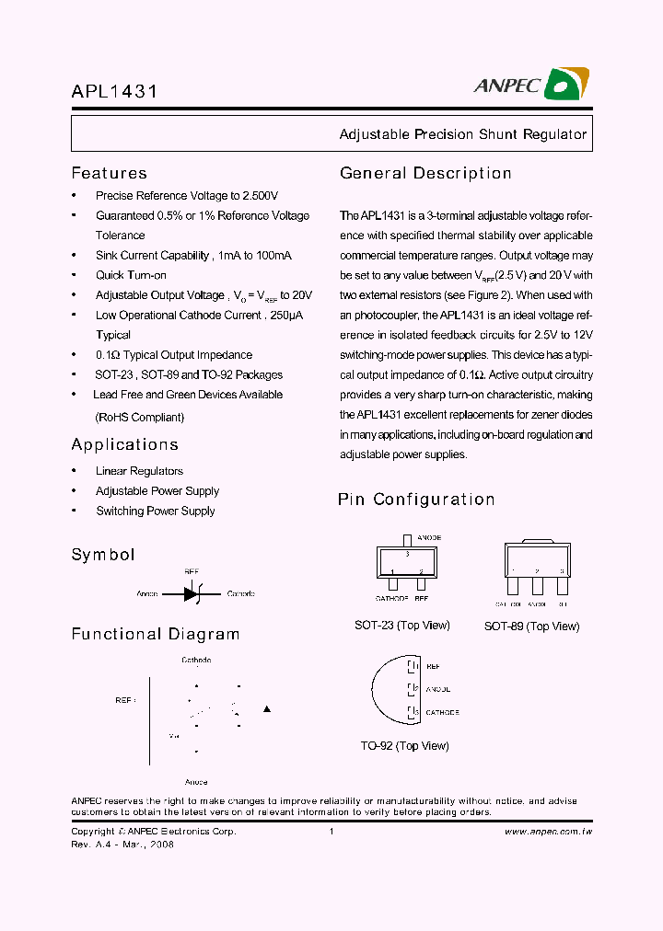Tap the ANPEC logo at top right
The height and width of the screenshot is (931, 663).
(x=531, y=85)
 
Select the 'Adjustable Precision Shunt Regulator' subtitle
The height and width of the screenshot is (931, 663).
(x=462, y=134)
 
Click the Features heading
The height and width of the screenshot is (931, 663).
(x=109, y=173)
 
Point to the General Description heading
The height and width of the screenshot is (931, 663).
(x=425, y=173)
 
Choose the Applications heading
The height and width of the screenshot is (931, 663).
(x=124, y=444)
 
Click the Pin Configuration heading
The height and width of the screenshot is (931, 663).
(x=416, y=500)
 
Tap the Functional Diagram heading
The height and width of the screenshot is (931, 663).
(x=155, y=634)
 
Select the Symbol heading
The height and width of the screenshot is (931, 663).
(x=102, y=555)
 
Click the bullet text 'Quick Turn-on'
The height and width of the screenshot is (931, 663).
(x=131, y=275)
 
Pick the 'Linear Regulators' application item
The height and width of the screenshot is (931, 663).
(x=139, y=471)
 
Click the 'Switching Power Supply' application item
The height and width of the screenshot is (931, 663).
(x=155, y=511)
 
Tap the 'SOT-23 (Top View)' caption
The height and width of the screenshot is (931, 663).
(x=401, y=626)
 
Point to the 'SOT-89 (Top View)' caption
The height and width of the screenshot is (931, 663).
(x=531, y=626)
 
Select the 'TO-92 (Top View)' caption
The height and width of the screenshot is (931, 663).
(x=404, y=746)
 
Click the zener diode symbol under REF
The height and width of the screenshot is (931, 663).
(x=192, y=594)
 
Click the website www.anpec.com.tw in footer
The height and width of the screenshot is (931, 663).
(x=548, y=832)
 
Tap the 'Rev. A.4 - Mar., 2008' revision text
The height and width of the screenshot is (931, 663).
(x=122, y=845)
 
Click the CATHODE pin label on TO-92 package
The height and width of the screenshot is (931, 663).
(x=442, y=712)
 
